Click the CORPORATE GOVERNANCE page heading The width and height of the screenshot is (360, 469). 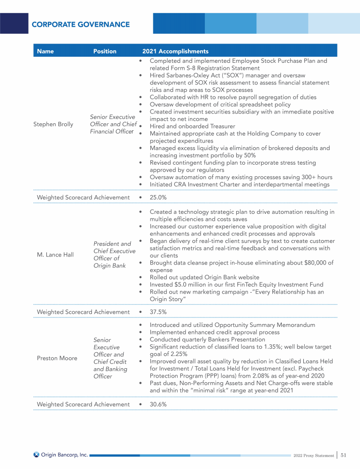[80, 24]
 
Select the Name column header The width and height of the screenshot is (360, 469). [45, 51]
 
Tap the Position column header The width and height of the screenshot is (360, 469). [105, 51]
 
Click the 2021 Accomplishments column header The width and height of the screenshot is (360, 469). [175, 51]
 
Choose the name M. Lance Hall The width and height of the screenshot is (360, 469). [52, 255]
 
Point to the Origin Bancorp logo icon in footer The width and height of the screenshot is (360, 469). [37, 454]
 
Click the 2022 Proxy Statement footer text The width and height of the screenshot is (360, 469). [313, 455]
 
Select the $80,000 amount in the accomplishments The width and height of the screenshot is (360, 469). [310, 263]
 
